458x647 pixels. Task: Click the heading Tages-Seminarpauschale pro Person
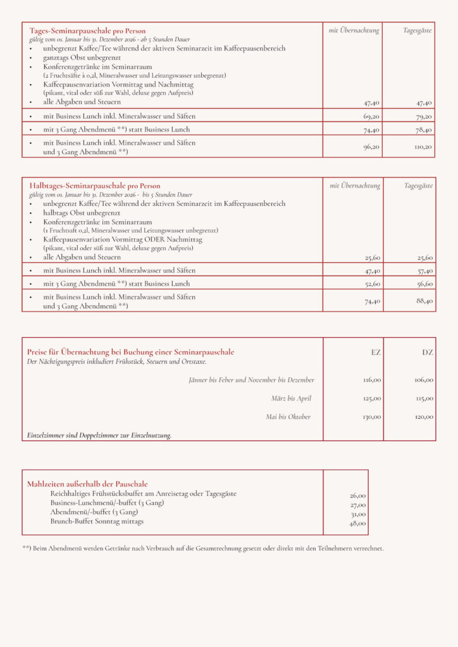tap(87, 30)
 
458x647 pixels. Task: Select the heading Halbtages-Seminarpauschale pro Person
tap(95, 186)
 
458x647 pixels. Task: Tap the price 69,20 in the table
tap(371, 117)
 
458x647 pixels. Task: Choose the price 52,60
tap(372, 284)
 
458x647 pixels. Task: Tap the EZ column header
tap(376, 353)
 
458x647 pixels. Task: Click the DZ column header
tap(428, 353)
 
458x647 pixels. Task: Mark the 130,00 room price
tap(372, 417)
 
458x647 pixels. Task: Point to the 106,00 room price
tap(423, 380)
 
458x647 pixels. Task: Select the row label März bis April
tap(291, 399)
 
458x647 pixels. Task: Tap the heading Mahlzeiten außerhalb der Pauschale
tap(87, 484)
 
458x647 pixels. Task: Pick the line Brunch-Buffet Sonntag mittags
tap(97, 521)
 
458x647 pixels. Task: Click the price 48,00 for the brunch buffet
tap(357, 524)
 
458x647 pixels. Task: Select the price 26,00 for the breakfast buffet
tap(357, 496)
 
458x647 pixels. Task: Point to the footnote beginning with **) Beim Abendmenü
tap(202, 548)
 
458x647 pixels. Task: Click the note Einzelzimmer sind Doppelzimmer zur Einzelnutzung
tap(99, 435)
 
